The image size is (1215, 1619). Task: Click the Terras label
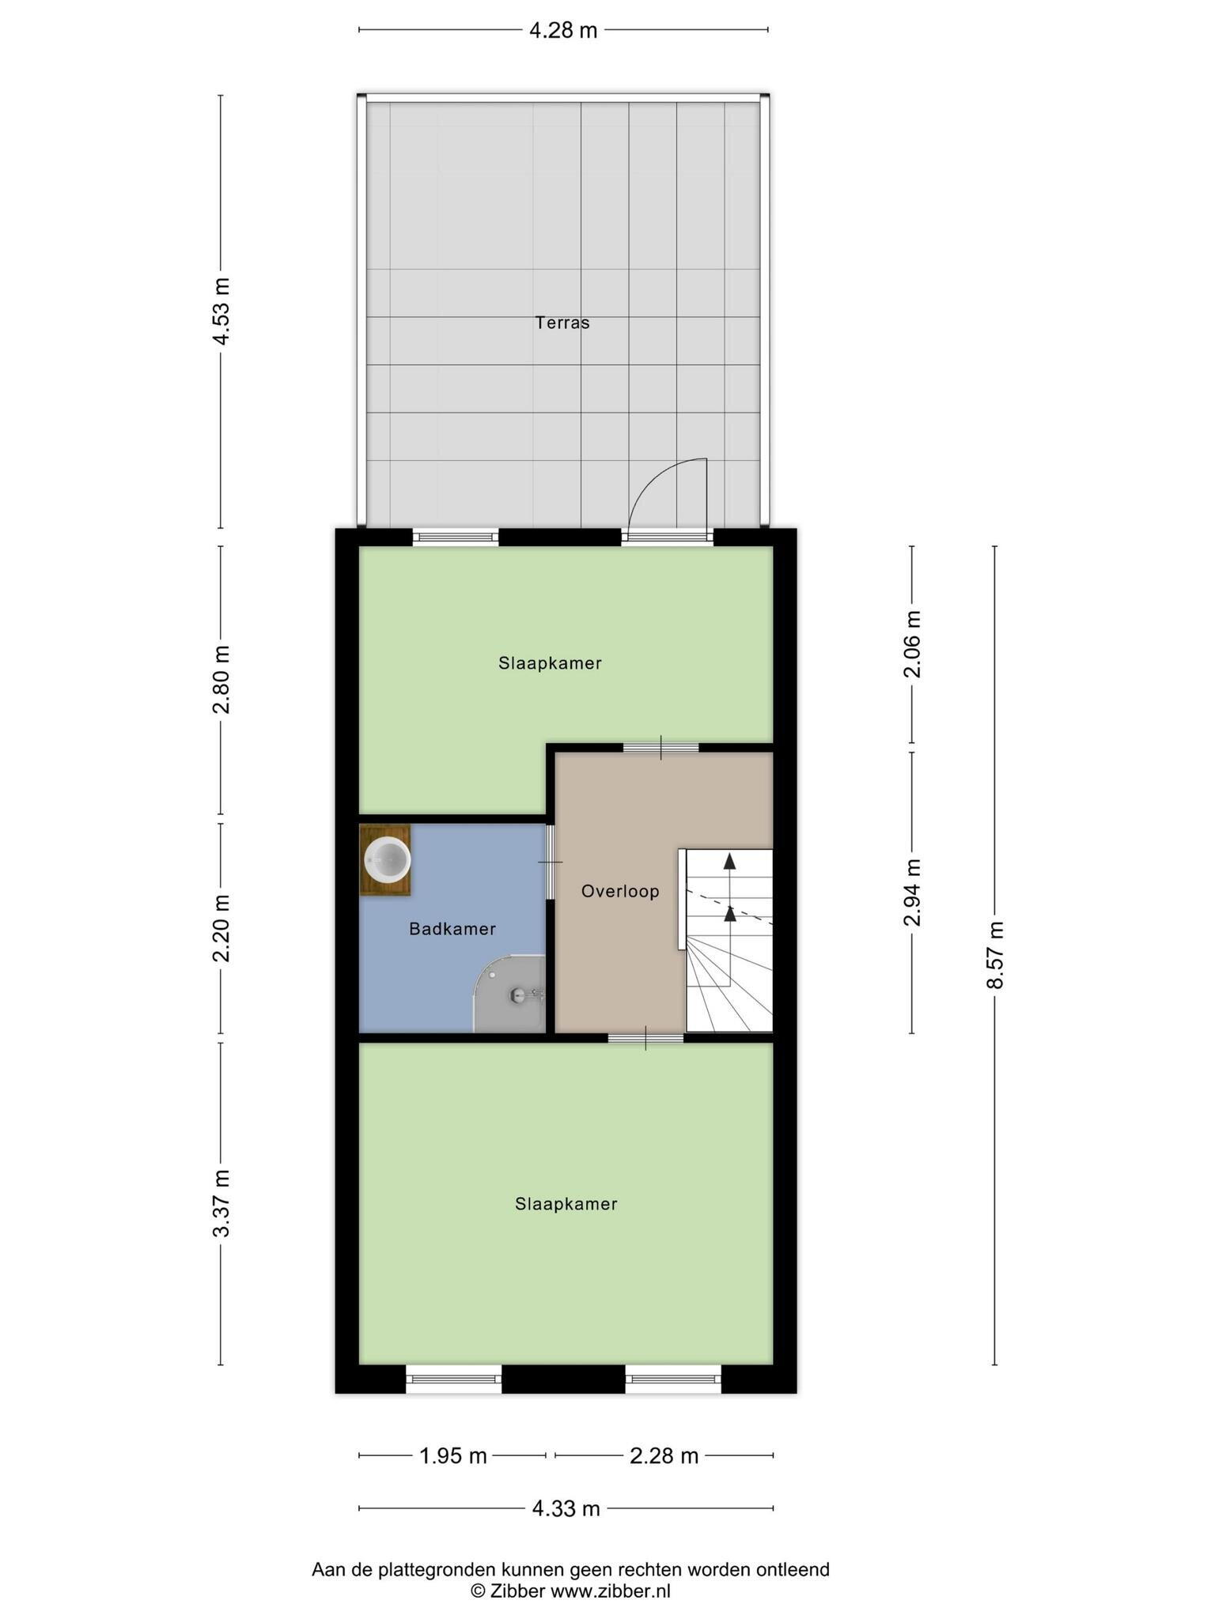(562, 323)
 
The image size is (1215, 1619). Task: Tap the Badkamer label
(452, 929)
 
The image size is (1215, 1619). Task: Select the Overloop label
(620, 892)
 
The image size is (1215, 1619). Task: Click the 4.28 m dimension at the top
(562, 31)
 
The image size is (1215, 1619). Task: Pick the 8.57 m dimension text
(995, 954)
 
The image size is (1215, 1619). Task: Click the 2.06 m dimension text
(913, 644)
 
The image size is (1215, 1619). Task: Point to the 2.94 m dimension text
(913, 892)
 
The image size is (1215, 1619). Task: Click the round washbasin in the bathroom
(387, 860)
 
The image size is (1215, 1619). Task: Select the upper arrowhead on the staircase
(729, 862)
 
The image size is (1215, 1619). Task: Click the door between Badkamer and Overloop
(551, 862)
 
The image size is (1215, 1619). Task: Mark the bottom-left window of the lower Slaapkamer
(454, 1379)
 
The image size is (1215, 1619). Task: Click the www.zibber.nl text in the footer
(610, 1591)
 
